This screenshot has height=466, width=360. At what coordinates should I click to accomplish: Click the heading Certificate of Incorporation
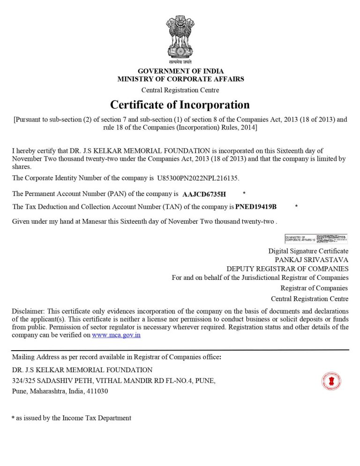pos(180,104)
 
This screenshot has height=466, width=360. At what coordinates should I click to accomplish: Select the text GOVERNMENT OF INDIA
pos(180,71)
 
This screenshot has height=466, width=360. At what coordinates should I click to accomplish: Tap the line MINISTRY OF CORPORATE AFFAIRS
pos(180,79)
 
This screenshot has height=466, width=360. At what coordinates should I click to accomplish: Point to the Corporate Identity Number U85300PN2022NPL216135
pos(198,178)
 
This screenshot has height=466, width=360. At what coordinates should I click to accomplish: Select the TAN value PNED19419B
pos(256,207)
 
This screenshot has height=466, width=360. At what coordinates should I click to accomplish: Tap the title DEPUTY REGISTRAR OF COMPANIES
pos(287,269)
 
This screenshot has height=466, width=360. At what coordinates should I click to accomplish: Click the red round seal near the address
pos(331,381)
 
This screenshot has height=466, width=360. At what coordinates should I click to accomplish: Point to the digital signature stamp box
pos(316,239)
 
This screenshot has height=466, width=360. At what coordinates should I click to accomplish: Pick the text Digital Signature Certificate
pos(308,251)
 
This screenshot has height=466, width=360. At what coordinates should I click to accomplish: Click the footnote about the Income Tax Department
pos(71,418)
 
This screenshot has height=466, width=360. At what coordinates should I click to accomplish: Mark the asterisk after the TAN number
pos(296,207)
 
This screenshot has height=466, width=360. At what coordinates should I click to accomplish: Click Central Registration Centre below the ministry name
pos(180,90)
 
